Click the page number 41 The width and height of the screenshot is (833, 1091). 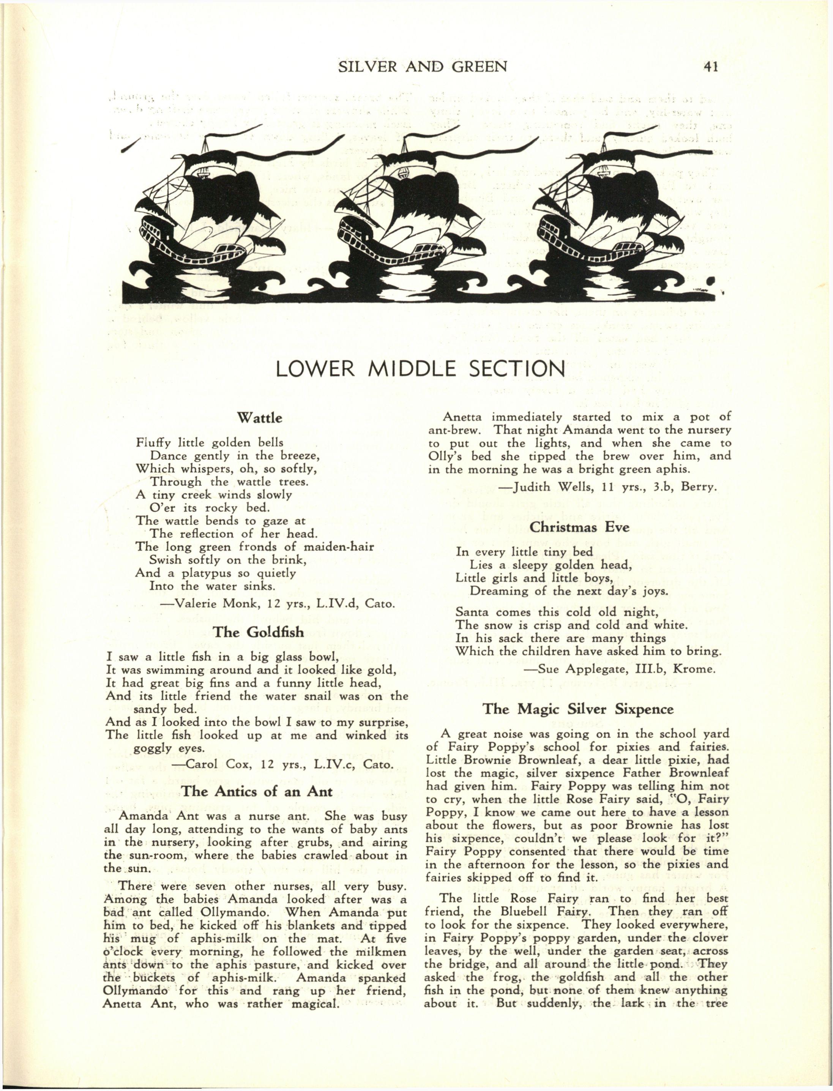coord(710,66)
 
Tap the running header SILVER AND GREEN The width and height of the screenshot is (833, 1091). coord(423,66)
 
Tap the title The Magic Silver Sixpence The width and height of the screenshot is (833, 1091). coord(578,709)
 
